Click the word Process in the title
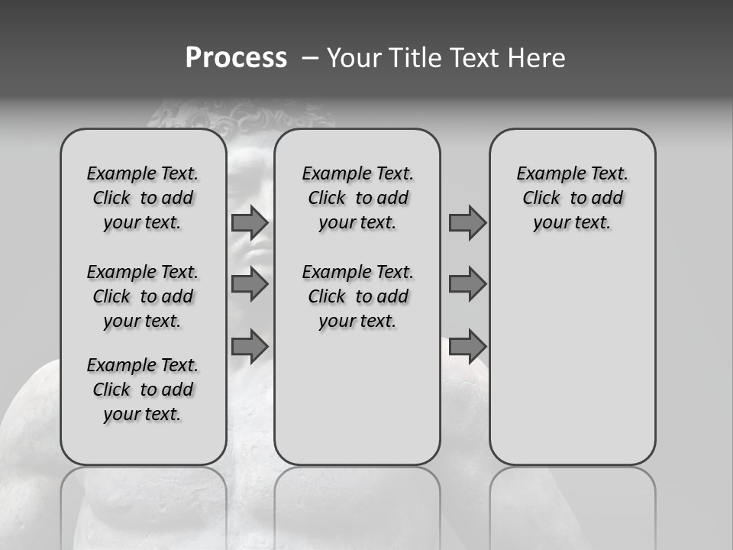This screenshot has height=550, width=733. (236, 58)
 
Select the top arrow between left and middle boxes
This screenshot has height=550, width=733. (249, 222)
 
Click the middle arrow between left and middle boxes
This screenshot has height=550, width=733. (249, 284)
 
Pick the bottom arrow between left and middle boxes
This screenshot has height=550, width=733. (249, 346)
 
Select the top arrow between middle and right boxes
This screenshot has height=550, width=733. (467, 222)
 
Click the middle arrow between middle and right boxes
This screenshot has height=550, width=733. (467, 284)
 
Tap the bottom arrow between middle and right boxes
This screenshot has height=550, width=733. (467, 346)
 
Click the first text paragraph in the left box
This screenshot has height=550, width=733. (143, 198)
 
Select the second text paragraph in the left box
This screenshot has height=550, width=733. (143, 296)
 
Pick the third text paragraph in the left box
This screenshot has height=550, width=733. (143, 390)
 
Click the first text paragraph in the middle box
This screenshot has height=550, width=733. (357, 198)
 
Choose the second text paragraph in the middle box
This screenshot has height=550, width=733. (357, 296)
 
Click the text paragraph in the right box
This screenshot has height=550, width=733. (572, 198)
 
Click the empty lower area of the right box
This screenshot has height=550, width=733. (572, 367)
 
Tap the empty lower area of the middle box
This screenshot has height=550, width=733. (357, 397)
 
